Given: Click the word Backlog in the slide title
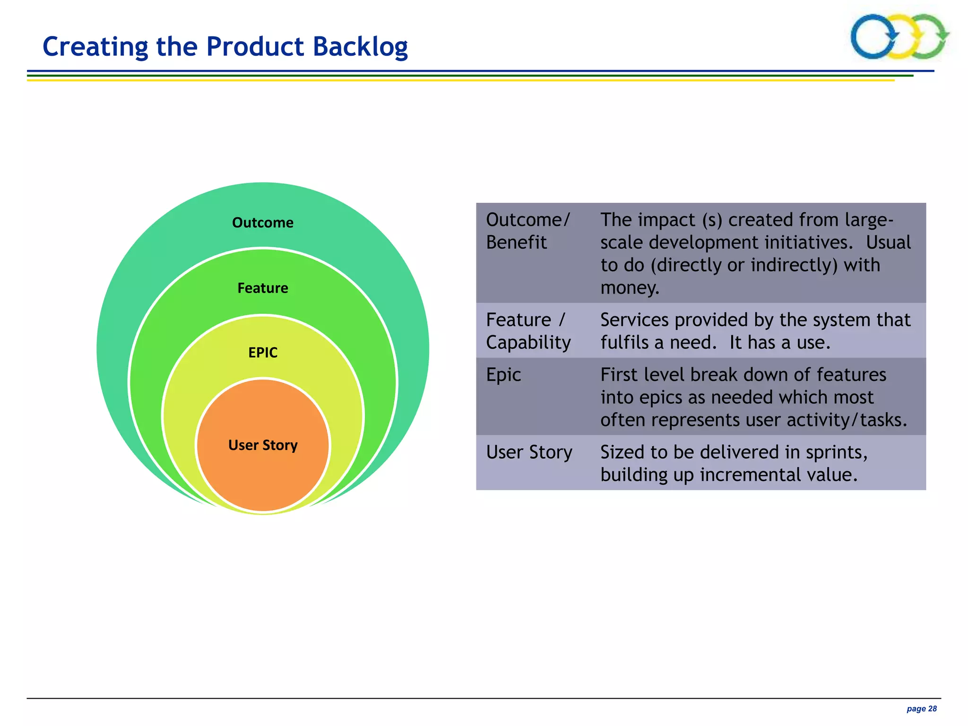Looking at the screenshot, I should click(x=360, y=47).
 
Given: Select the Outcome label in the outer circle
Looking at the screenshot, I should click(x=263, y=223).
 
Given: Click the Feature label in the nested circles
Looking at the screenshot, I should click(x=263, y=288).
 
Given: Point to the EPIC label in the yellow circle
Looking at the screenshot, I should click(x=263, y=353).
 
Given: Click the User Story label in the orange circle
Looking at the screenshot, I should click(x=263, y=445).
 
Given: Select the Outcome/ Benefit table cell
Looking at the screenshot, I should click(x=528, y=231).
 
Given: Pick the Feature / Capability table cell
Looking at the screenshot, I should click(x=528, y=331).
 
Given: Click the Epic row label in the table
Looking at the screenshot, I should click(x=503, y=375).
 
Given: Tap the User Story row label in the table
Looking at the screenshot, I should click(x=529, y=452).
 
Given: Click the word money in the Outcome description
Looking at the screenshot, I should click(x=629, y=287).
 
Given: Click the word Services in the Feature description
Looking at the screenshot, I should click(x=634, y=320).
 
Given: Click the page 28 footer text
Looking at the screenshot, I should click(x=921, y=709).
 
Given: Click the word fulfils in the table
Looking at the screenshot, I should click(x=624, y=343).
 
